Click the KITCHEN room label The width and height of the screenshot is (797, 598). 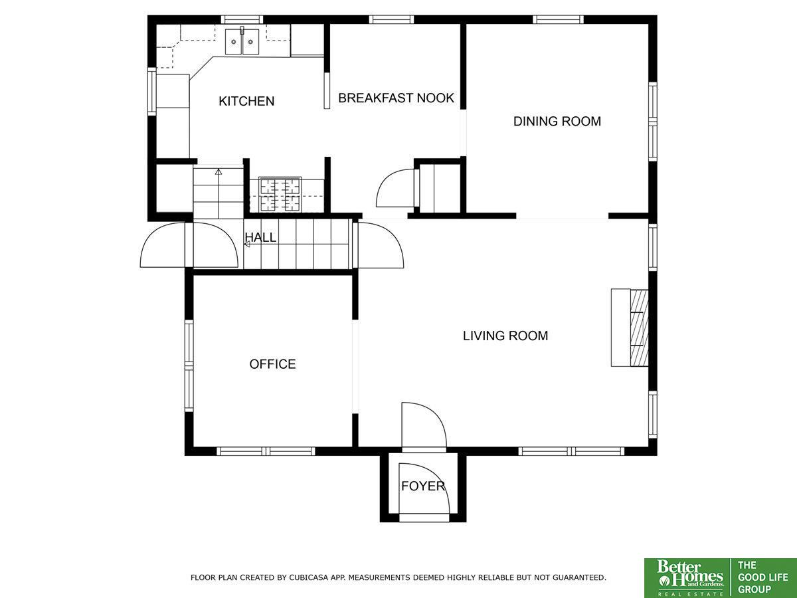(246, 101)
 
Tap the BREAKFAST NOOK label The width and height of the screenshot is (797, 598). (396, 98)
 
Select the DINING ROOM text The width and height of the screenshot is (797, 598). (557, 121)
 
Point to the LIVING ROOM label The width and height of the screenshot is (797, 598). (505, 336)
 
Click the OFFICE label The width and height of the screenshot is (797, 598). (272, 364)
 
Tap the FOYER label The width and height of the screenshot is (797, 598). (423, 486)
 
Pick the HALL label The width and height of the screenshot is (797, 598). (260, 237)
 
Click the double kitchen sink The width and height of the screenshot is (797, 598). (242, 42)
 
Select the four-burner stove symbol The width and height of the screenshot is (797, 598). (280, 194)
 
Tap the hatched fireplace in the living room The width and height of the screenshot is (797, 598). (639, 328)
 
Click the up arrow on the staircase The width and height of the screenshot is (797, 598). (219, 171)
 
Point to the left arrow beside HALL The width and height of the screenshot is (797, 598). (247, 245)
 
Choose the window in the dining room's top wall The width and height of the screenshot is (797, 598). (558, 19)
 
